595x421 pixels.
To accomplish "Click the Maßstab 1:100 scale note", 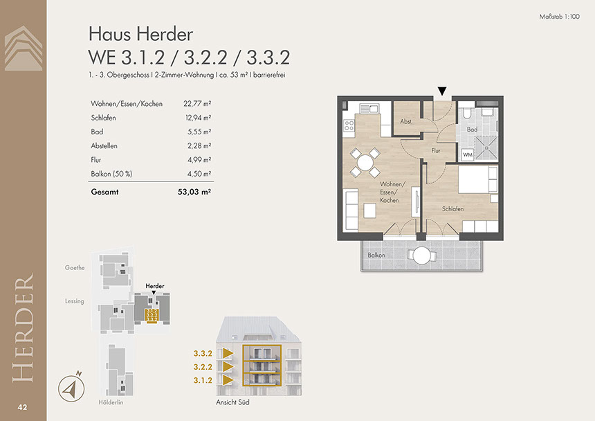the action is pos(559,17).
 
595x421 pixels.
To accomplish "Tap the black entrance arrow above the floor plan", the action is pos(441,91).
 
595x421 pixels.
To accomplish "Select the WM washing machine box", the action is pos(468,154).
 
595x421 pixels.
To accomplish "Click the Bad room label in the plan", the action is pos(472,129).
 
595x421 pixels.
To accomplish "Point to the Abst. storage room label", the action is pos(406,121).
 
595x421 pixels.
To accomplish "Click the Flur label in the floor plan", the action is pos(436,151).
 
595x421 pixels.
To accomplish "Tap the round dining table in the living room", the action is pos(365,163).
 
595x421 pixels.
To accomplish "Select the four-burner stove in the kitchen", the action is pos(349,125).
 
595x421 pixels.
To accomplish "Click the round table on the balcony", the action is pos(421,255).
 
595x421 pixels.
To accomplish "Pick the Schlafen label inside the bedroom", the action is pos(452,209).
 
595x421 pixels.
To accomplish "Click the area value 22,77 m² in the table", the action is pos(197,104).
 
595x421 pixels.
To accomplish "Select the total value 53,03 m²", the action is pos(194,192).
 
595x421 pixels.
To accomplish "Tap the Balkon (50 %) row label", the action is pos(111,174).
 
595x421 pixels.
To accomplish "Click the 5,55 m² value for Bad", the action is pos(199,132).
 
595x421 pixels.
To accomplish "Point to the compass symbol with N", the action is pos(71,388).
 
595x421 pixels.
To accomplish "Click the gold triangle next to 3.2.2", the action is pos(228,366).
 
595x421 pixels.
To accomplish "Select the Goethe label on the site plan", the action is pos(75,268).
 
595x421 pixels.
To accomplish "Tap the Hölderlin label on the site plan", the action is pos(111,402).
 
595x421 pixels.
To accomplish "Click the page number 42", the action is pos(22,407).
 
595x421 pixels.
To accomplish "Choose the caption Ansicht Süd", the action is pos(232,402).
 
